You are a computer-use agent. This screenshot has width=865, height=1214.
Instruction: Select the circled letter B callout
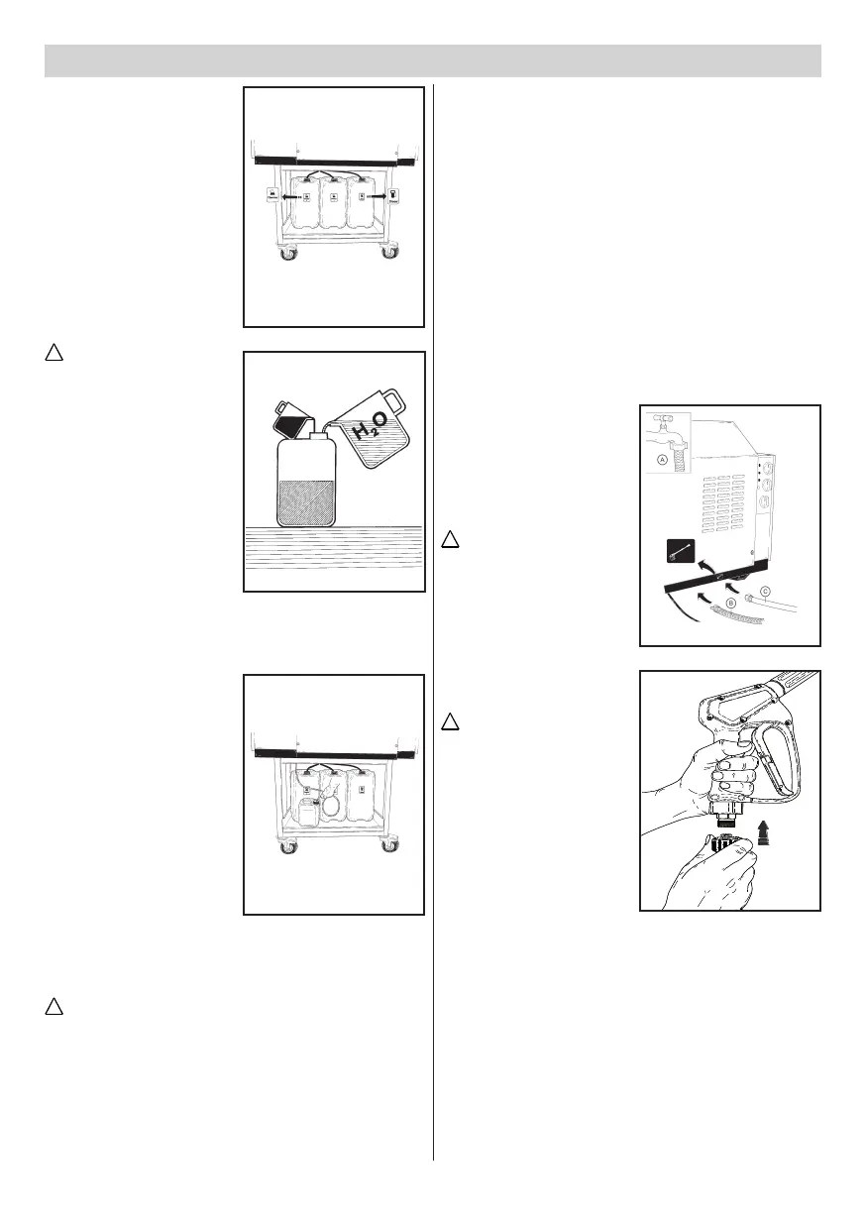730,601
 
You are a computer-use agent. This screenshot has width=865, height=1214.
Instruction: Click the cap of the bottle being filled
317,433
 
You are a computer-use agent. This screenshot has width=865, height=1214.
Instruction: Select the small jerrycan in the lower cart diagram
307,810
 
